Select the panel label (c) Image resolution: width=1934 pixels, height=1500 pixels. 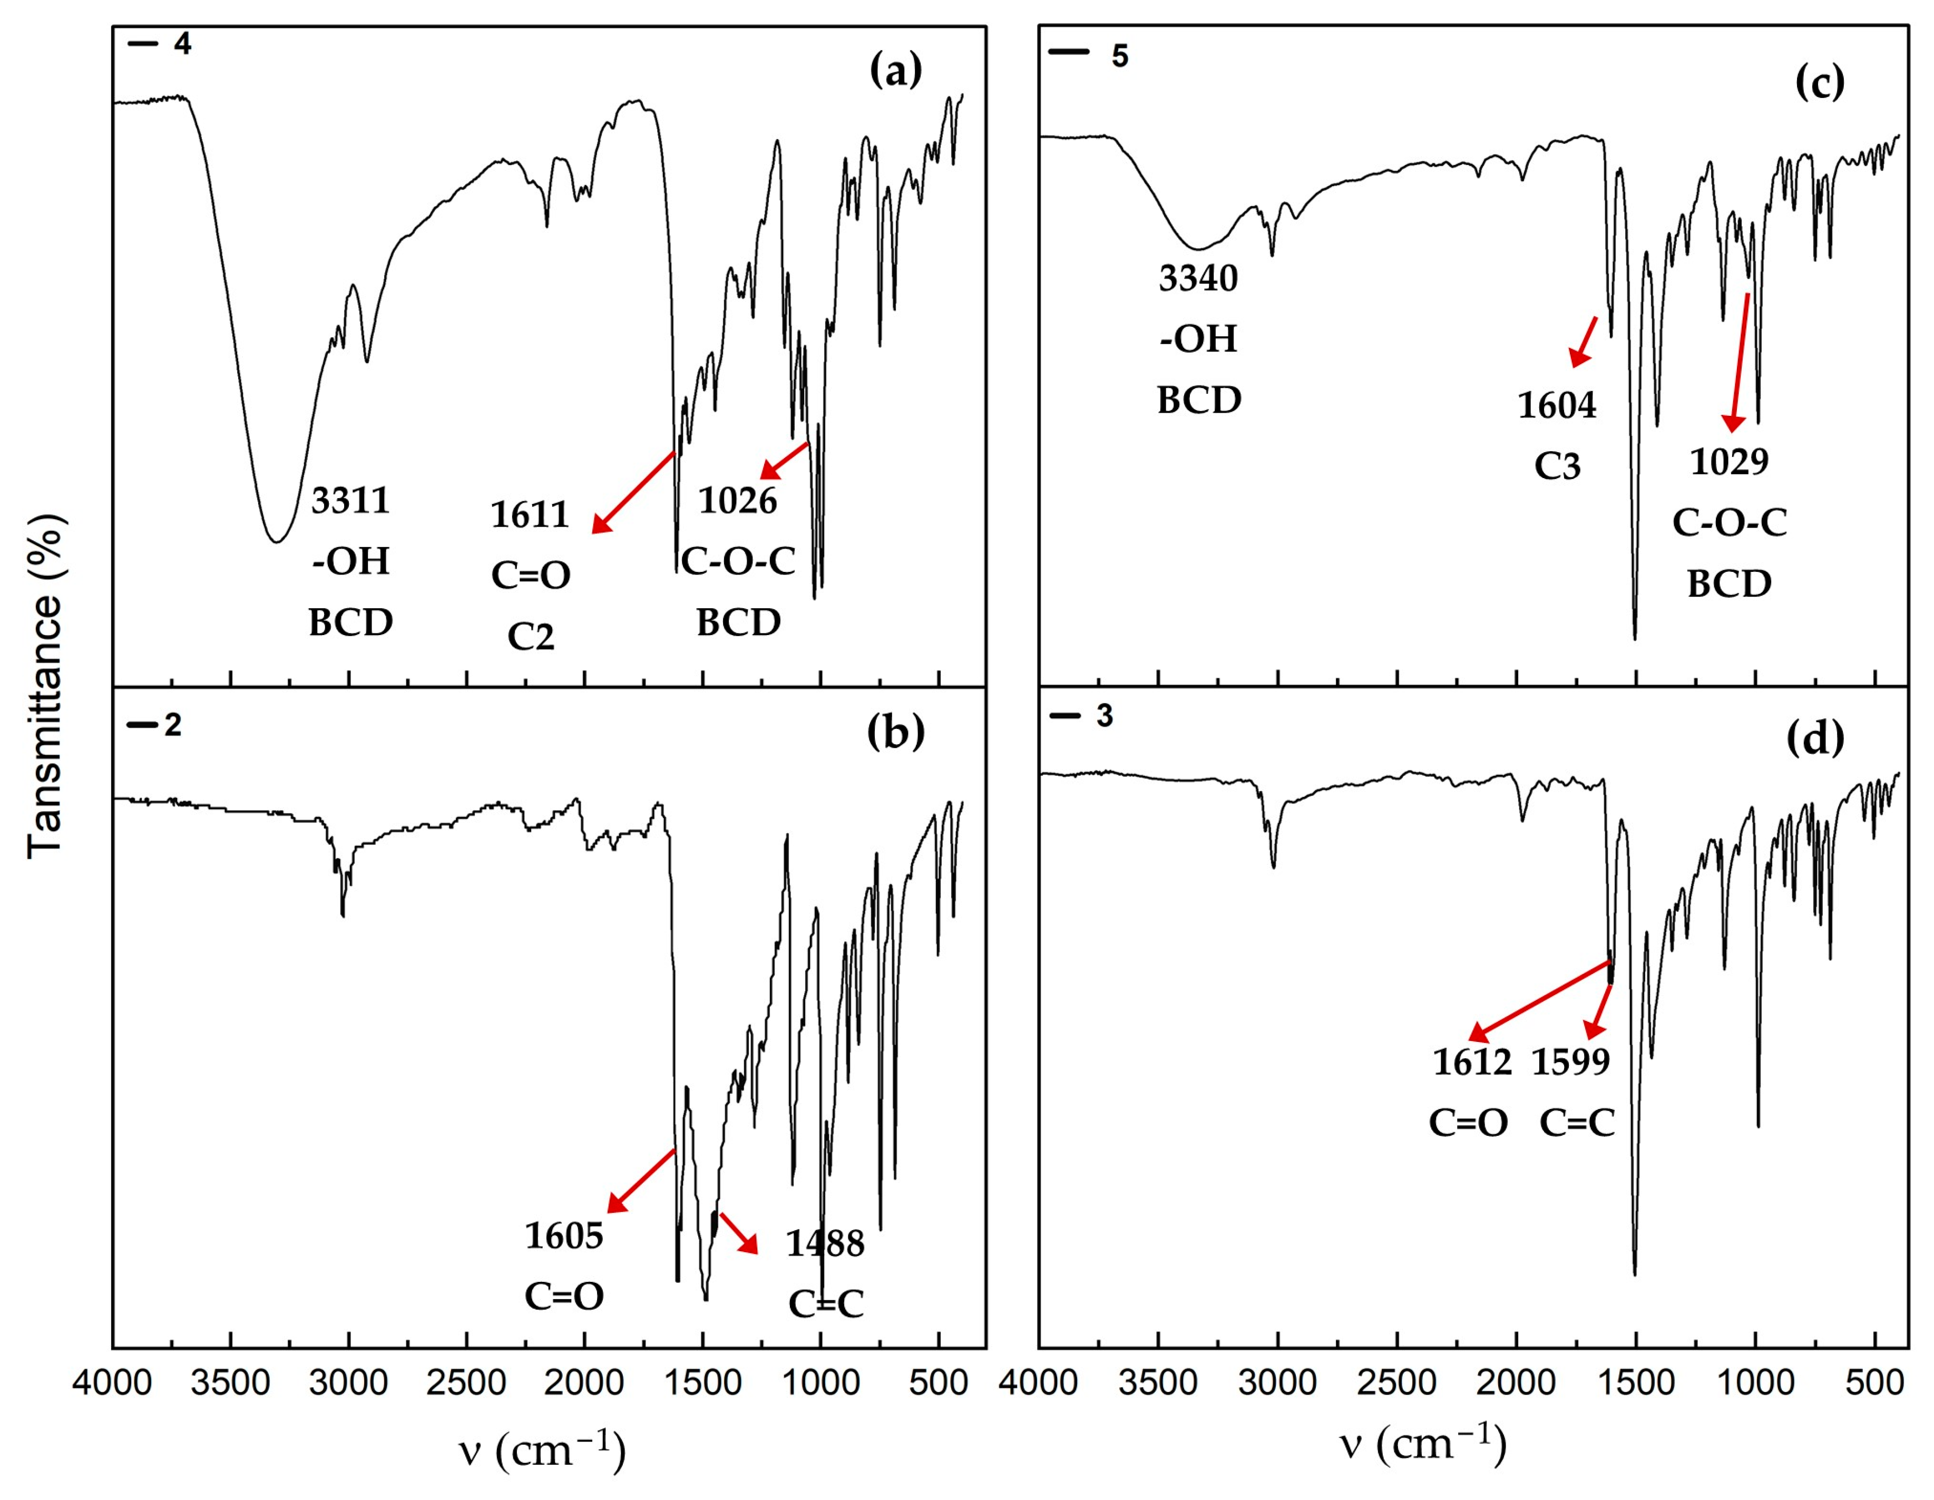click(1819, 82)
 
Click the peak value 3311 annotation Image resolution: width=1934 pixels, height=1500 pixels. click(350, 501)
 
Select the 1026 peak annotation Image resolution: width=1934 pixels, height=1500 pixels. click(738, 501)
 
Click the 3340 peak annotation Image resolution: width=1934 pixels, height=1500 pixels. click(1198, 279)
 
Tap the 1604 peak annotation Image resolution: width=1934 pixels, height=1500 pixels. click(1557, 405)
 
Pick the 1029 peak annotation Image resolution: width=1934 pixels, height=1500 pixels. click(1728, 461)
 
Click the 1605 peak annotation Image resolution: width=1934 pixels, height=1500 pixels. click(563, 1236)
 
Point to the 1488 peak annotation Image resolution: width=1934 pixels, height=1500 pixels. click(825, 1244)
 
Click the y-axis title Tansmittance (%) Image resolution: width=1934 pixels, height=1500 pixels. click(46, 686)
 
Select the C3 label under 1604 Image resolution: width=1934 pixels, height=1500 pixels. click(1557, 466)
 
